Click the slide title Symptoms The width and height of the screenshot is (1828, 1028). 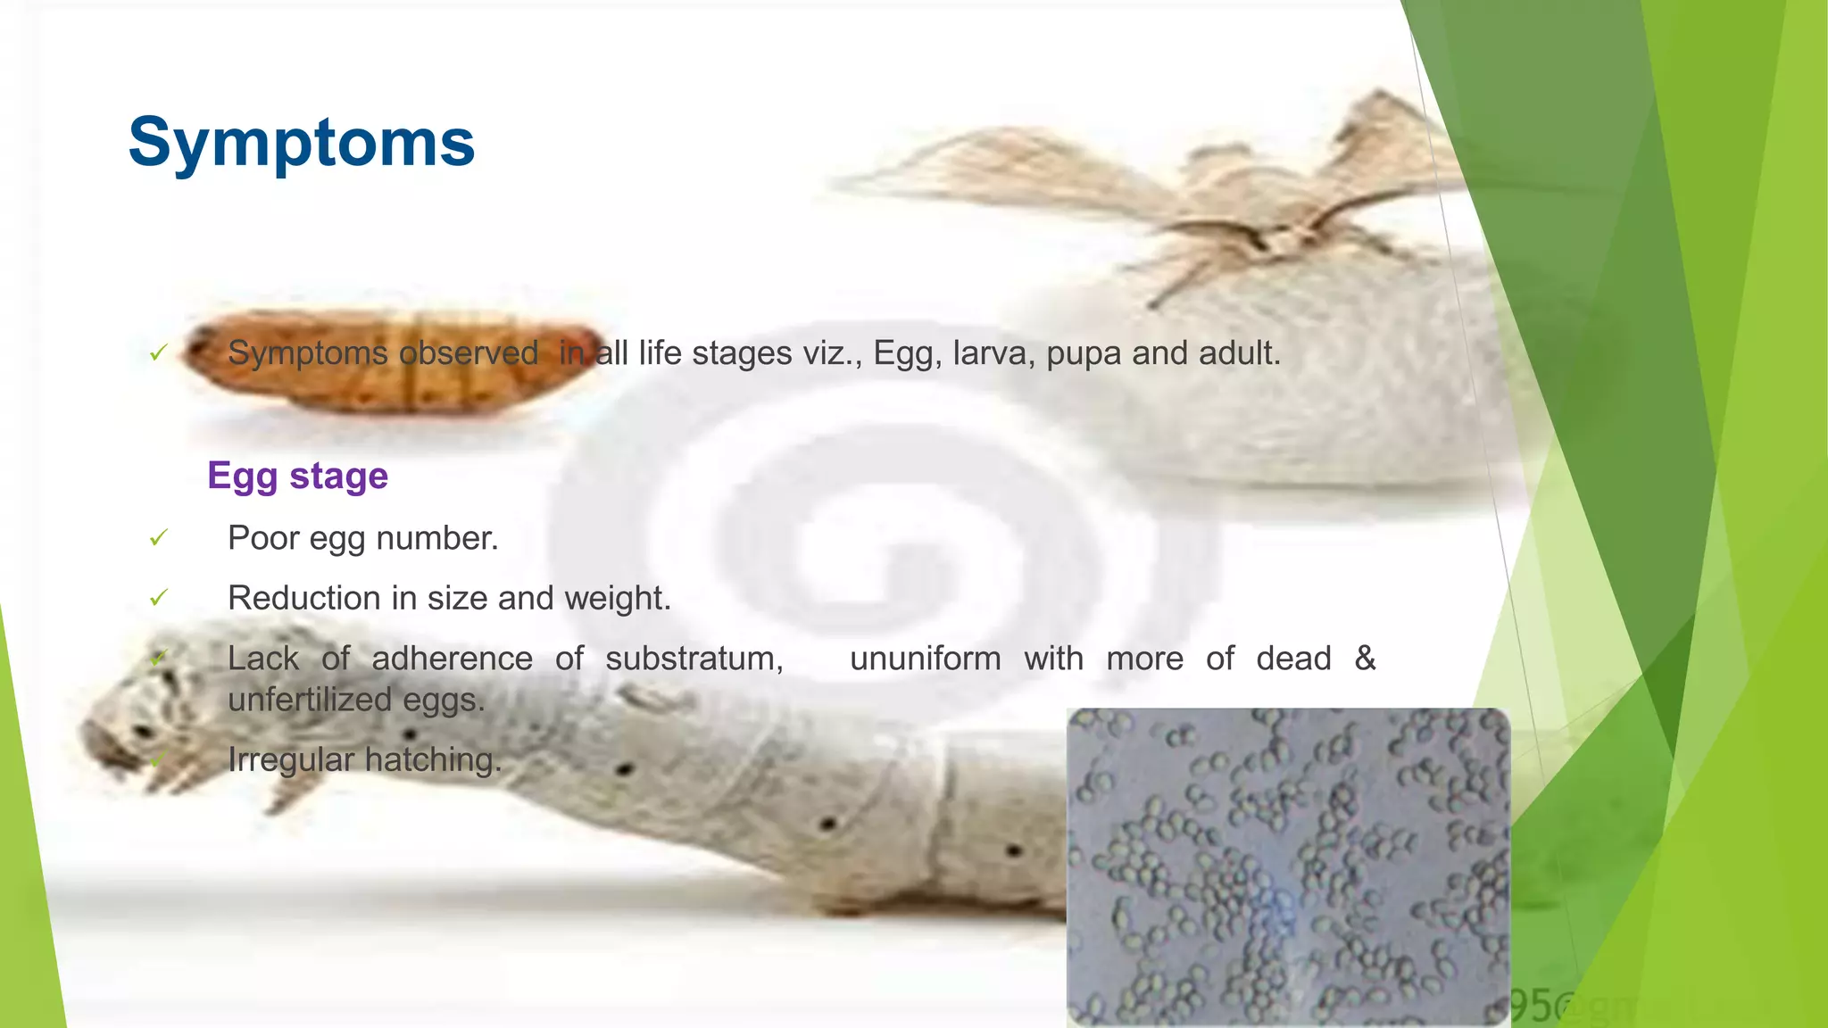pyautogui.click(x=301, y=143)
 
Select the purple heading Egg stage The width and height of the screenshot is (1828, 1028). pyautogui.click(x=297, y=476)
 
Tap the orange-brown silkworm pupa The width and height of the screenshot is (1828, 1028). pyautogui.click(x=393, y=361)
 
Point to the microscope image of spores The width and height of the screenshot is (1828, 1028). pyautogui.click(x=1287, y=866)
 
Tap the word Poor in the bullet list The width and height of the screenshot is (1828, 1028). pyautogui.click(x=263, y=538)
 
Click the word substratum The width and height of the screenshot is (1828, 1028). pyautogui.click(x=694, y=659)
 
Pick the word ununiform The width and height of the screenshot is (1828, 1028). pyautogui.click(x=925, y=659)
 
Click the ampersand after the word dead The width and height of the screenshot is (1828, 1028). pyautogui.click(x=1365, y=658)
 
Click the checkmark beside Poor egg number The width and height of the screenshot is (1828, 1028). pyautogui.click(x=159, y=538)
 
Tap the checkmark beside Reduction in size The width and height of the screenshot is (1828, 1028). pyautogui.click(x=159, y=598)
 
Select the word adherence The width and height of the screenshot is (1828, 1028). pyautogui.click(x=452, y=659)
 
